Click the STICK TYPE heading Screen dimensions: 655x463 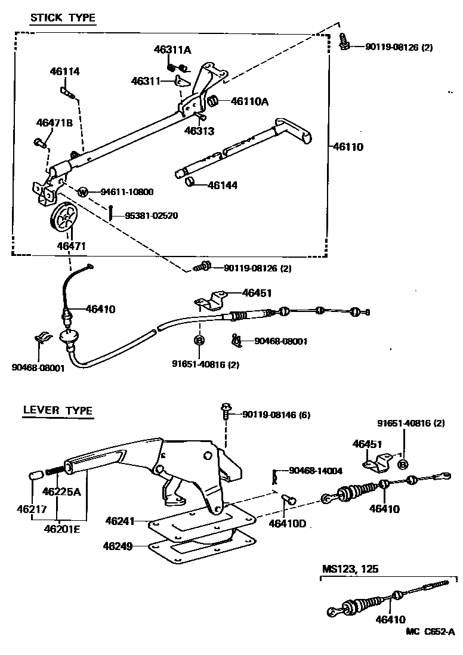tap(63, 17)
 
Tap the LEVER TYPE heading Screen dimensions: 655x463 tap(57, 410)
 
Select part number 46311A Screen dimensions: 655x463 tap(172, 50)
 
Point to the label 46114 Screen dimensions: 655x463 tap(64, 72)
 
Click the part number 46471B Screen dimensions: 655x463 tap(54, 123)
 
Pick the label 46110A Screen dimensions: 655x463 tap(249, 102)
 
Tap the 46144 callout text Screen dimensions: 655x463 tap(223, 186)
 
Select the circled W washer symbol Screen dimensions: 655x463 tap(83, 192)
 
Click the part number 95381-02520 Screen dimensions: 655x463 tap(151, 215)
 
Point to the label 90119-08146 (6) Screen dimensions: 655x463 tap(276, 415)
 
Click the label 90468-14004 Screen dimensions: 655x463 tap(316, 471)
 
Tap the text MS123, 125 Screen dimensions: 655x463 tap(350, 569)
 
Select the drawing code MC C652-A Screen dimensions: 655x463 tap(430, 632)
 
